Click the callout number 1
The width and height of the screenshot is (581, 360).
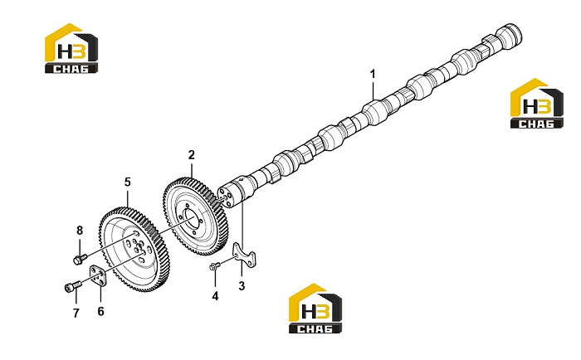click(x=373, y=74)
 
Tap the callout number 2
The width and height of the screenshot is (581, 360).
click(x=191, y=155)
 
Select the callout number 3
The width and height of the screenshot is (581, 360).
click(x=242, y=286)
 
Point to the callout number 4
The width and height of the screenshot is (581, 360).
click(x=215, y=296)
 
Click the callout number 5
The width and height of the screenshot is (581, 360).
click(x=128, y=182)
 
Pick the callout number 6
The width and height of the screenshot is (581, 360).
click(x=100, y=312)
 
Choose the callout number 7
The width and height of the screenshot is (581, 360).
click(x=76, y=314)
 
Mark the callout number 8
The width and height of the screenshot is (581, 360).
click(x=80, y=231)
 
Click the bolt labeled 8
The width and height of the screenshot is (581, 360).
click(x=80, y=259)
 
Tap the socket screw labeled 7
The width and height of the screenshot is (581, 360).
click(x=73, y=287)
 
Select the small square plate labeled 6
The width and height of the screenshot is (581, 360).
click(x=98, y=276)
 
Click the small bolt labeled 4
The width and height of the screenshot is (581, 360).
click(x=215, y=266)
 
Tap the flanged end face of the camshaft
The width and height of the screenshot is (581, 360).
click(x=225, y=197)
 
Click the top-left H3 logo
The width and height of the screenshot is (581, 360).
click(x=71, y=48)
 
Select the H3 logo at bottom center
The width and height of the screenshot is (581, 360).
click(x=315, y=308)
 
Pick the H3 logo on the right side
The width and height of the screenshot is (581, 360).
click(x=537, y=104)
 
